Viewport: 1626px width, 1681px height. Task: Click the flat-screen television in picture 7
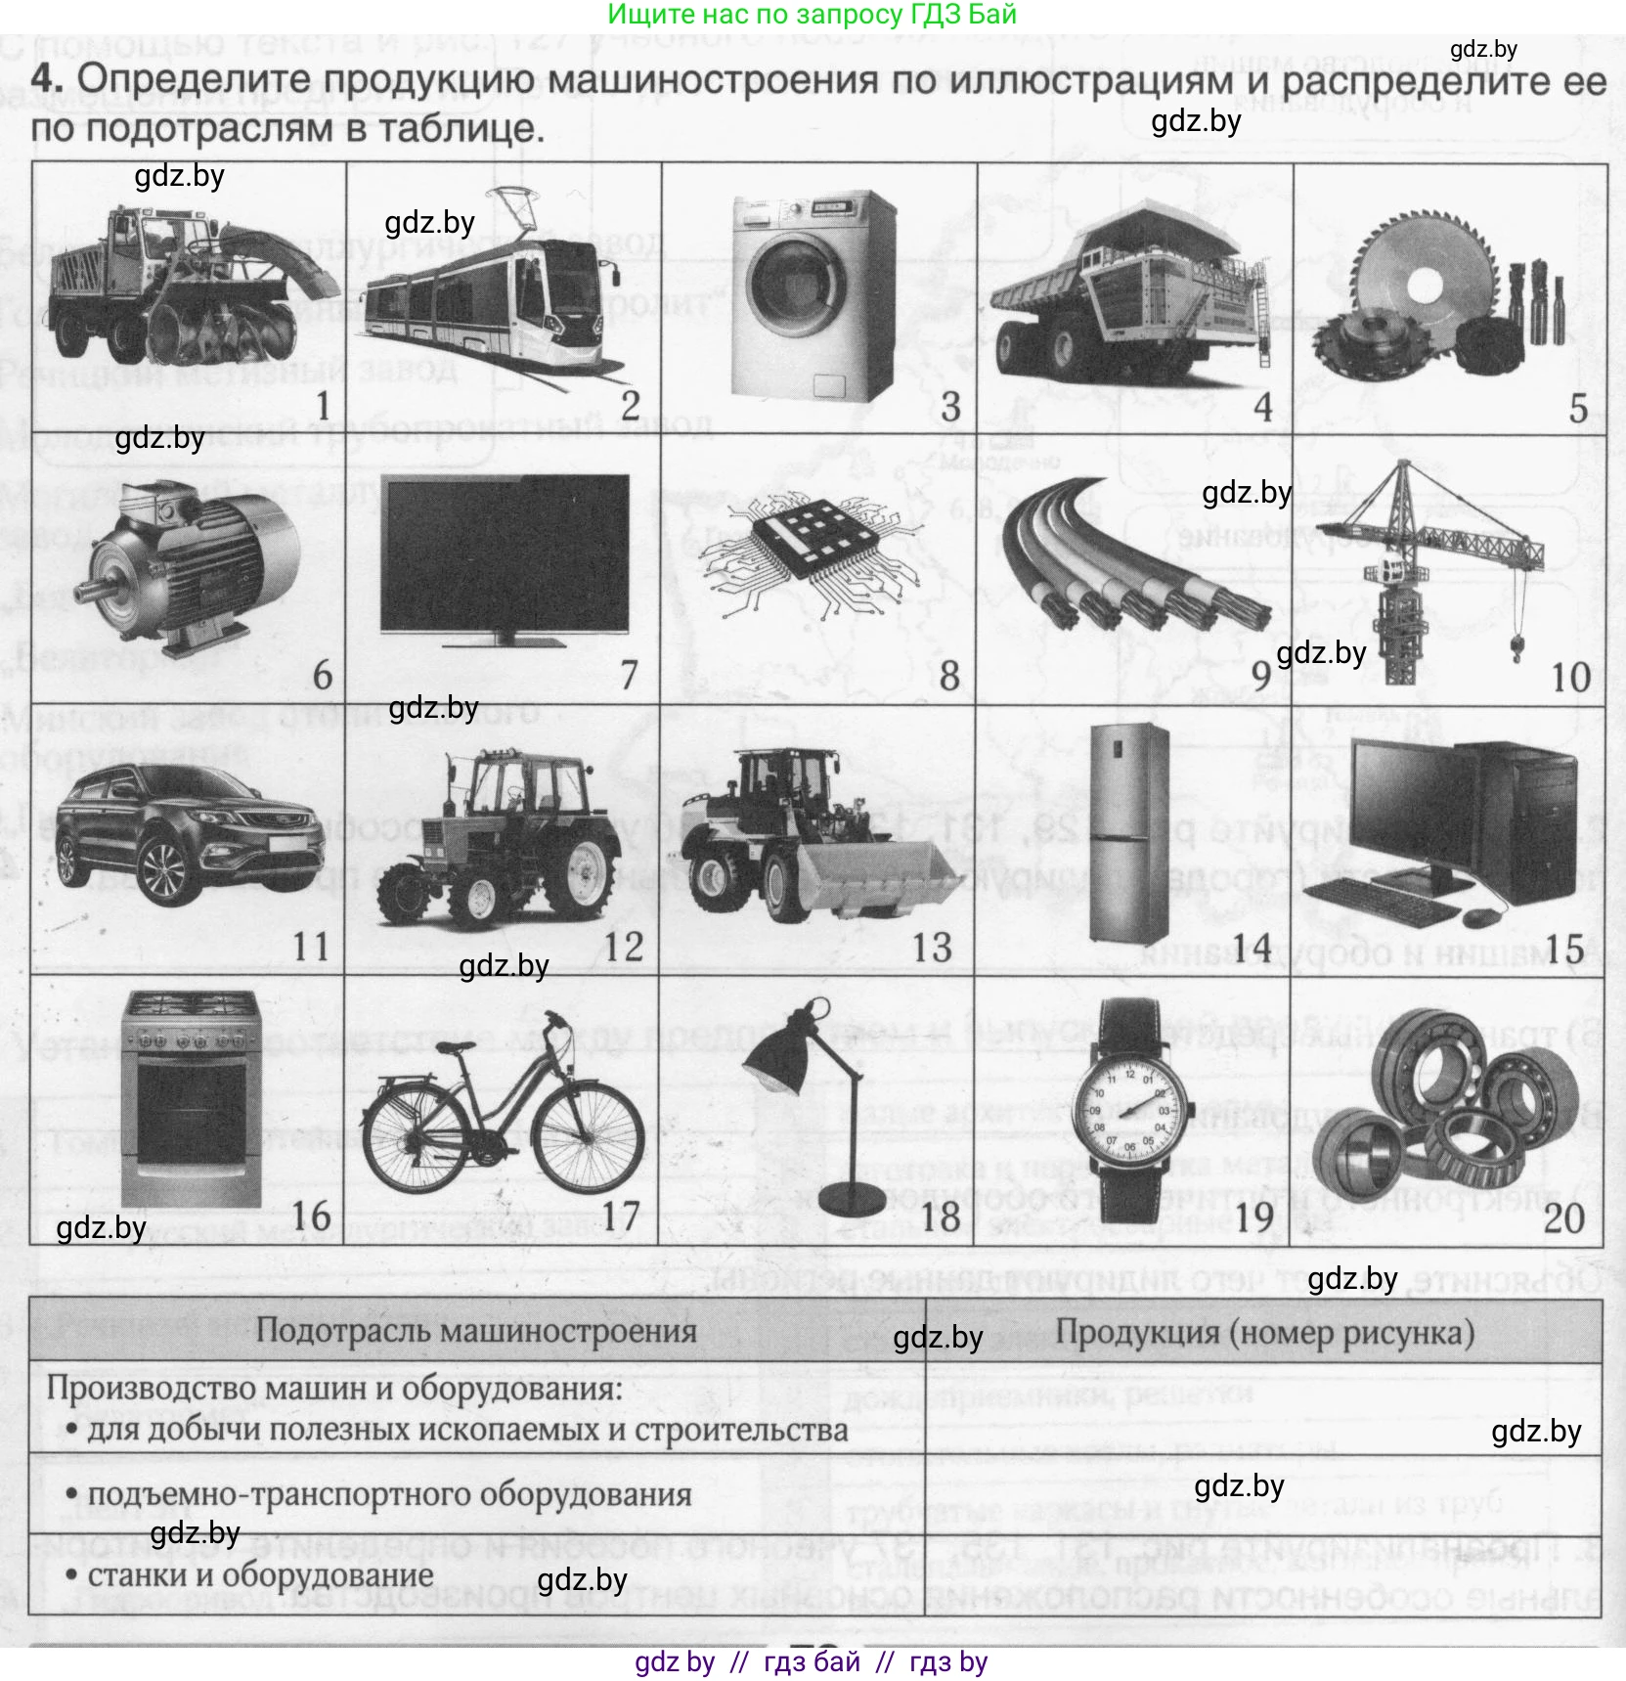(x=505, y=553)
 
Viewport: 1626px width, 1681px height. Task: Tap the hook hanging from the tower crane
(x=1516, y=646)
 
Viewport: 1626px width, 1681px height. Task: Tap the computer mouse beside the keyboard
(x=1479, y=917)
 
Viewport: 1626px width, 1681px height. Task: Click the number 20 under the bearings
(x=1563, y=1217)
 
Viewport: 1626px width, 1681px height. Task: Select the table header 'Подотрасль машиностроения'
(x=476, y=1330)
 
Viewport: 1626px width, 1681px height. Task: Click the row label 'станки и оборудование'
(x=260, y=1575)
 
